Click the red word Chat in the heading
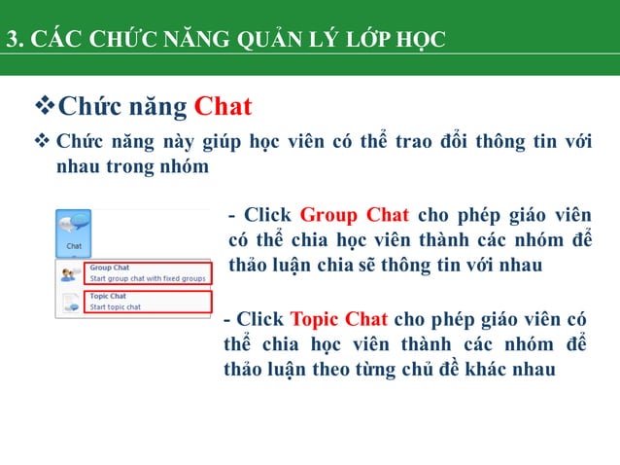point(223,105)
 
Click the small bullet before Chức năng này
point(42,143)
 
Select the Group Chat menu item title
point(108,267)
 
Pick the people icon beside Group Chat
point(71,272)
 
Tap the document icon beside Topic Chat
point(71,302)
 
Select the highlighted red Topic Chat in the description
point(338,319)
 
